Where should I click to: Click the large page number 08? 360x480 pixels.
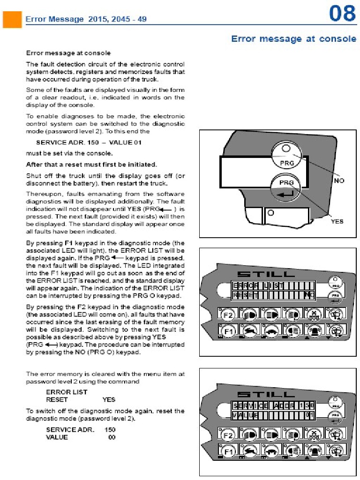coord(342,14)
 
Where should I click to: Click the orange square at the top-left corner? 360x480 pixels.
coord(11,19)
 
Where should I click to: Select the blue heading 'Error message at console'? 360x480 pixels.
coord(294,39)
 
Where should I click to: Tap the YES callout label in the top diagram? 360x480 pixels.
coord(337,221)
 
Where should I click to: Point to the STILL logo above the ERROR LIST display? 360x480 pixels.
coord(266,274)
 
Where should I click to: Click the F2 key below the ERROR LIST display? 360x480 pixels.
coord(227,315)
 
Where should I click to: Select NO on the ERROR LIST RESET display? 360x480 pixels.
coord(308,294)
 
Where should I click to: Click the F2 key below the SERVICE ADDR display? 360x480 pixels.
coord(227,435)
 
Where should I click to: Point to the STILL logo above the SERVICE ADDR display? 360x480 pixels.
coord(266,394)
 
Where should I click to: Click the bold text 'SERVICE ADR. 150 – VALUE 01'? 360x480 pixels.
coord(89,142)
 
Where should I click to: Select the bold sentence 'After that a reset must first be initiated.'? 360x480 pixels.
coord(91,164)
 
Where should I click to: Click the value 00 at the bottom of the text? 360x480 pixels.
coord(112,437)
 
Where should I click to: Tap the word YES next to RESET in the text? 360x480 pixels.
coord(109,400)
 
